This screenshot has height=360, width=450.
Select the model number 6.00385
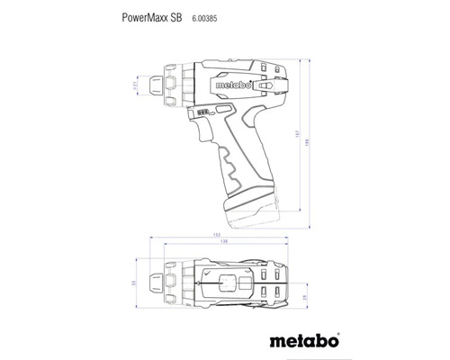pos(207,16)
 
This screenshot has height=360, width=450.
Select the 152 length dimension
pos(219,237)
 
